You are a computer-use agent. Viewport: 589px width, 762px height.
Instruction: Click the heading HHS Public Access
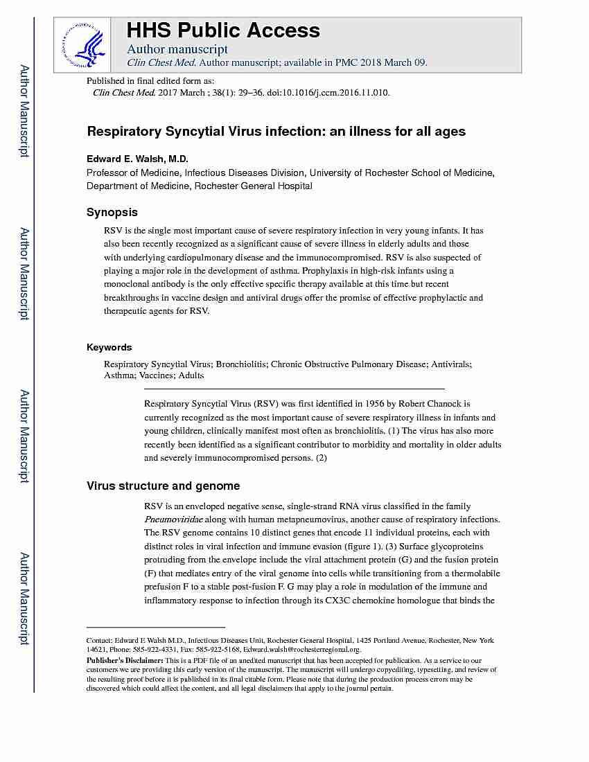pos(223,30)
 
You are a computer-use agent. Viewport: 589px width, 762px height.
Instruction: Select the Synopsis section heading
pos(112,212)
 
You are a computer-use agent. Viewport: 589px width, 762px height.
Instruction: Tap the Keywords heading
pos(109,347)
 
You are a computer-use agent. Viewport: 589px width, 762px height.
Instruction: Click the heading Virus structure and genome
pos(163,486)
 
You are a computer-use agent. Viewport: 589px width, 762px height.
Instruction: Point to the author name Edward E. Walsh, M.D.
pos(137,159)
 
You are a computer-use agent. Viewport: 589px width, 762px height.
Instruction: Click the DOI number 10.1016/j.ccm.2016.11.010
pos(337,92)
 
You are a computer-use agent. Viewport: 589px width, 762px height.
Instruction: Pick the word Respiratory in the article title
pos(124,131)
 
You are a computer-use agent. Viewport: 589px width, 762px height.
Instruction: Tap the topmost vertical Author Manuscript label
pos(24,111)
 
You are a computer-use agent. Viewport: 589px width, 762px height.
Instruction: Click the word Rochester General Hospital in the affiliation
pos(253,186)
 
